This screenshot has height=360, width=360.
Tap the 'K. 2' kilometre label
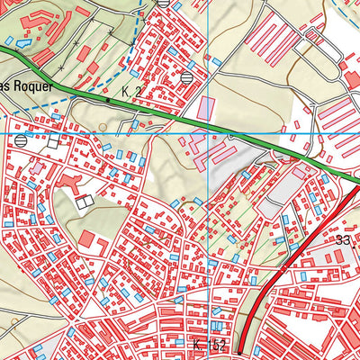tap(131, 92)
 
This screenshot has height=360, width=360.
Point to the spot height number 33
tap(342, 240)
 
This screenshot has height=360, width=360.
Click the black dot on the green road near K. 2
tap(109, 101)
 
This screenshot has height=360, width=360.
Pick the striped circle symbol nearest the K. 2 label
tap(186, 77)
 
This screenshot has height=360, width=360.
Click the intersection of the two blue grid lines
tap(209, 133)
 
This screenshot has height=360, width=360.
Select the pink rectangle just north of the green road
tap(207, 107)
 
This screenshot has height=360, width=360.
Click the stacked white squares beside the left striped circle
tap(54, 141)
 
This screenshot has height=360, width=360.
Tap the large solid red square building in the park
tap(88, 240)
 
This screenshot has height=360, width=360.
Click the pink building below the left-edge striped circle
tap(36, 166)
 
